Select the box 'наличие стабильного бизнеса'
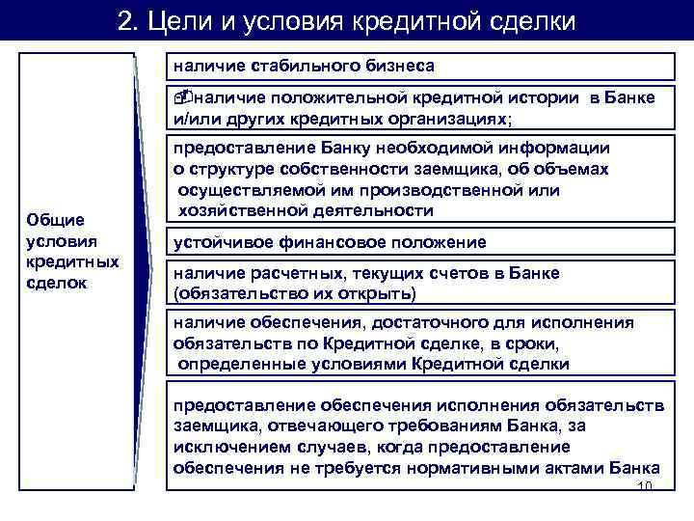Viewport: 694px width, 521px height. point(420,66)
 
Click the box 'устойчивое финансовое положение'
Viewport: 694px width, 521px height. point(420,242)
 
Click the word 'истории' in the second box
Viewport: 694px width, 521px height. point(547,98)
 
